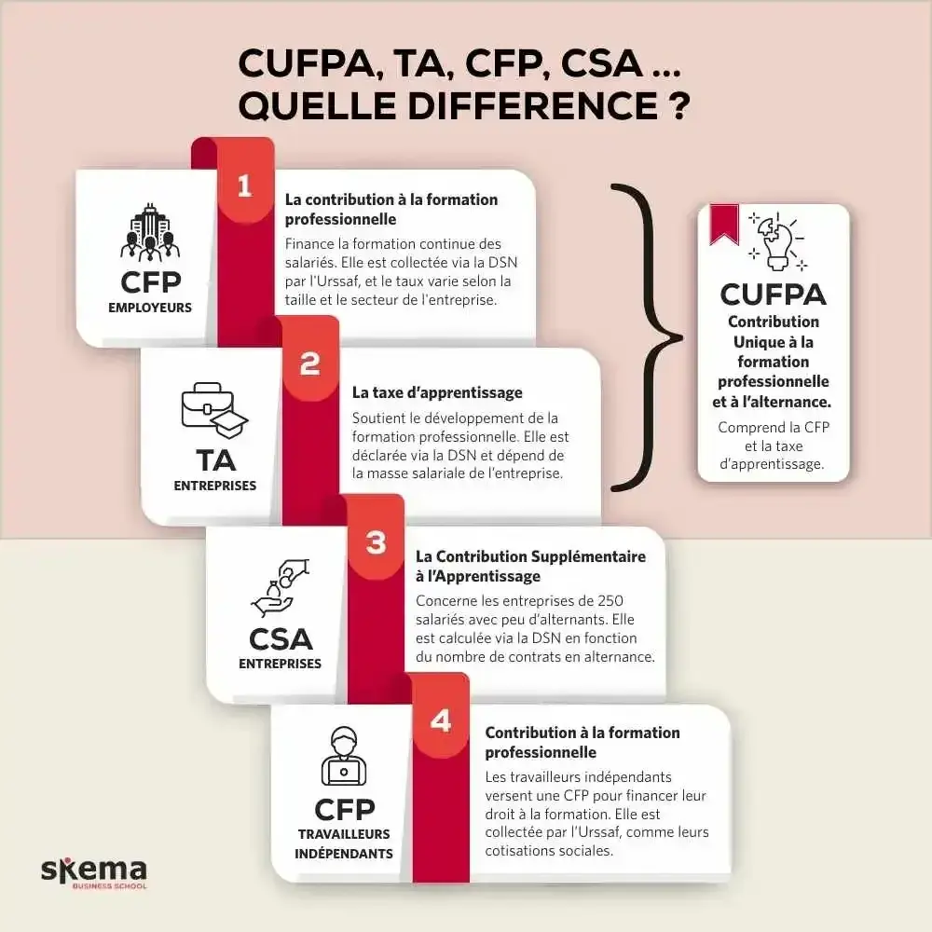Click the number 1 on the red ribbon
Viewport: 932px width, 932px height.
click(244, 186)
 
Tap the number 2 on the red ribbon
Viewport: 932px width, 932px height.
click(310, 364)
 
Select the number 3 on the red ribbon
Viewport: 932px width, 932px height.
click(376, 542)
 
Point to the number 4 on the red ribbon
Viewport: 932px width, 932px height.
click(441, 720)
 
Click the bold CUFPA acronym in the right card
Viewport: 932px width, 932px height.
click(773, 295)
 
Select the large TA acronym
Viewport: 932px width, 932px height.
click(215, 460)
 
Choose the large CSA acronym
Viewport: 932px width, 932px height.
click(281, 639)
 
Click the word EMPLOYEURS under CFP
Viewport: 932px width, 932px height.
click(149, 307)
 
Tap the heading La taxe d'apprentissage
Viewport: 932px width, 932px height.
click(437, 392)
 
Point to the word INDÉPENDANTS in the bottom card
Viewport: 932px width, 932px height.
click(344, 853)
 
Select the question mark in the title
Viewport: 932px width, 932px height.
click(679, 104)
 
